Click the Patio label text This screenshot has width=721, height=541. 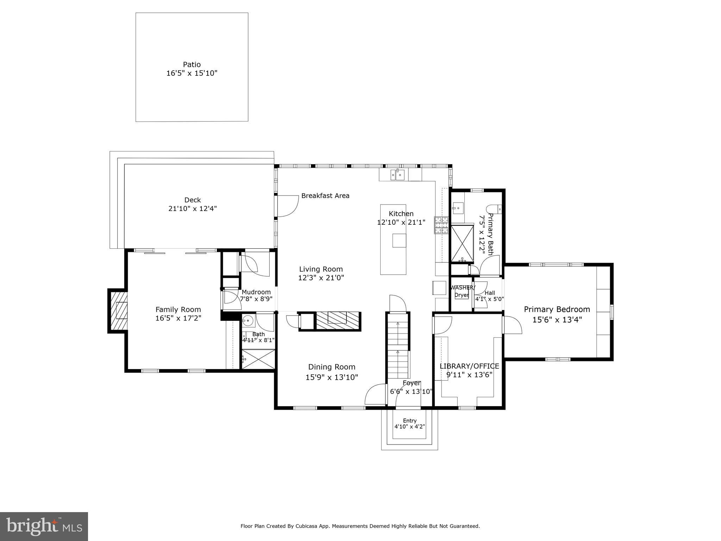[x=192, y=64]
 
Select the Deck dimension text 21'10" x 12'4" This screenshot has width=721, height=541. [x=193, y=209]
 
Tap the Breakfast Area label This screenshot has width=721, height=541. [x=325, y=196]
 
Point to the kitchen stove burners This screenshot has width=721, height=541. [x=441, y=225]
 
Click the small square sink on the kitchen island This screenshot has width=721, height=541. [x=399, y=240]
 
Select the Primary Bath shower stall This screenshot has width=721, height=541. [x=463, y=243]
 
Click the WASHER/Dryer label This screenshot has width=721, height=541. [x=462, y=291]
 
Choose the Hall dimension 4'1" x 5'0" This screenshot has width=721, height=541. [x=489, y=299]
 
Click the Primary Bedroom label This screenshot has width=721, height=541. [x=557, y=309]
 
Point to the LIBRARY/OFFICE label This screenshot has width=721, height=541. [x=469, y=366]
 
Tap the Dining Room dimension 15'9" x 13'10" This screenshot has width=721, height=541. [x=332, y=378]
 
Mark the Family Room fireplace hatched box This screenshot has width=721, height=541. [x=118, y=311]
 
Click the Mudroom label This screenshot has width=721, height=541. [x=256, y=292]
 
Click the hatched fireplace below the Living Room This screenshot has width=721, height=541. [x=337, y=321]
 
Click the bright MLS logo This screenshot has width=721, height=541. [x=44, y=527]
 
